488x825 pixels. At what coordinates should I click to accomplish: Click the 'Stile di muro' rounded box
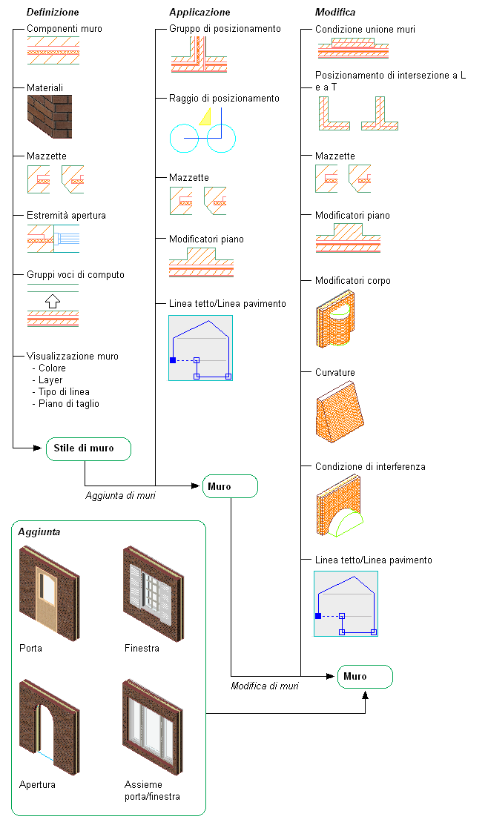(88, 448)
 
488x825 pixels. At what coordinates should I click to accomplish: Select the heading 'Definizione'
(53, 12)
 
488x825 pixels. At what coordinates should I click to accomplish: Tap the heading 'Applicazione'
(200, 12)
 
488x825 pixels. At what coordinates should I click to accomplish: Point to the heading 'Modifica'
(335, 12)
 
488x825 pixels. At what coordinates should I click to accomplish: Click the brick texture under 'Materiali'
(51, 117)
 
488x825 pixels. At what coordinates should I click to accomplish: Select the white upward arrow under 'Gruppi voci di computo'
(51, 301)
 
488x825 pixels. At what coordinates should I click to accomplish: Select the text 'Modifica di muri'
(265, 686)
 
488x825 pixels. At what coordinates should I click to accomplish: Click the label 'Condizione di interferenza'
(370, 467)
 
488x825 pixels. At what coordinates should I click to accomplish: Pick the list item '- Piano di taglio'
(66, 404)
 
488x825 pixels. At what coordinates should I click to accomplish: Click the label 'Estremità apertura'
(66, 216)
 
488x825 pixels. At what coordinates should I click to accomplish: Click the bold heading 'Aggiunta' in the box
(40, 532)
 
